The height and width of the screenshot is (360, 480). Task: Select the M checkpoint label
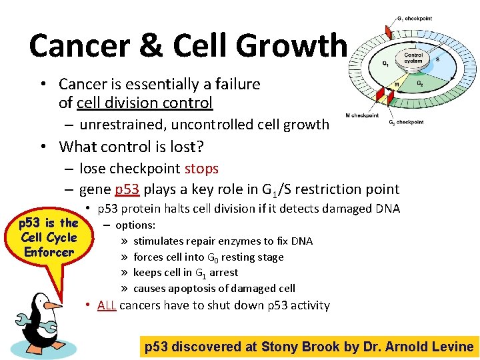click(x=361, y=115)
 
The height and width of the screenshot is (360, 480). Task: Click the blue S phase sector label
click(x=437, y=59)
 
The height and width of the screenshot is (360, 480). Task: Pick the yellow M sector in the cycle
click(x=397, y=85)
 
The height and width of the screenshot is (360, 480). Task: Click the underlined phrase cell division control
click(x=145, y=103)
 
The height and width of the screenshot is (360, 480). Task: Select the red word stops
click(x=201, y=168)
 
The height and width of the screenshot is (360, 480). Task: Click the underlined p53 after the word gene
click(x=127, y=189)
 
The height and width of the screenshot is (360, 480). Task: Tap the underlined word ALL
click(x=107, y=305)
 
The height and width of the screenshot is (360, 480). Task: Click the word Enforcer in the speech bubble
click(x=49, y=252)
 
